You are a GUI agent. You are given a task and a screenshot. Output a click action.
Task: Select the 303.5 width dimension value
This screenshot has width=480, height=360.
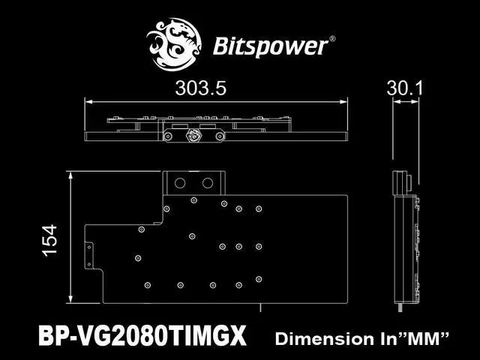(x=200, y=88)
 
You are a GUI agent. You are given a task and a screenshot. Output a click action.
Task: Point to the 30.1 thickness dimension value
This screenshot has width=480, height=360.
(x=406, y=88)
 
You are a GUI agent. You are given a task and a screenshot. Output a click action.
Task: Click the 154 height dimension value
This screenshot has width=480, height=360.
(x=50, y=241)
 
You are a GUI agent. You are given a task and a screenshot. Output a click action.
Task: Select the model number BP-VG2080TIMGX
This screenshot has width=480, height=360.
(x=142, y=337)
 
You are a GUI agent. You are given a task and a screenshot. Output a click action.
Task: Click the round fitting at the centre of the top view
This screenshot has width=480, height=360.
(x=193, y=136)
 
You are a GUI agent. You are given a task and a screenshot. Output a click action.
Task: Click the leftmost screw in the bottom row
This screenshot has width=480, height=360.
(x=148, y=285)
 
